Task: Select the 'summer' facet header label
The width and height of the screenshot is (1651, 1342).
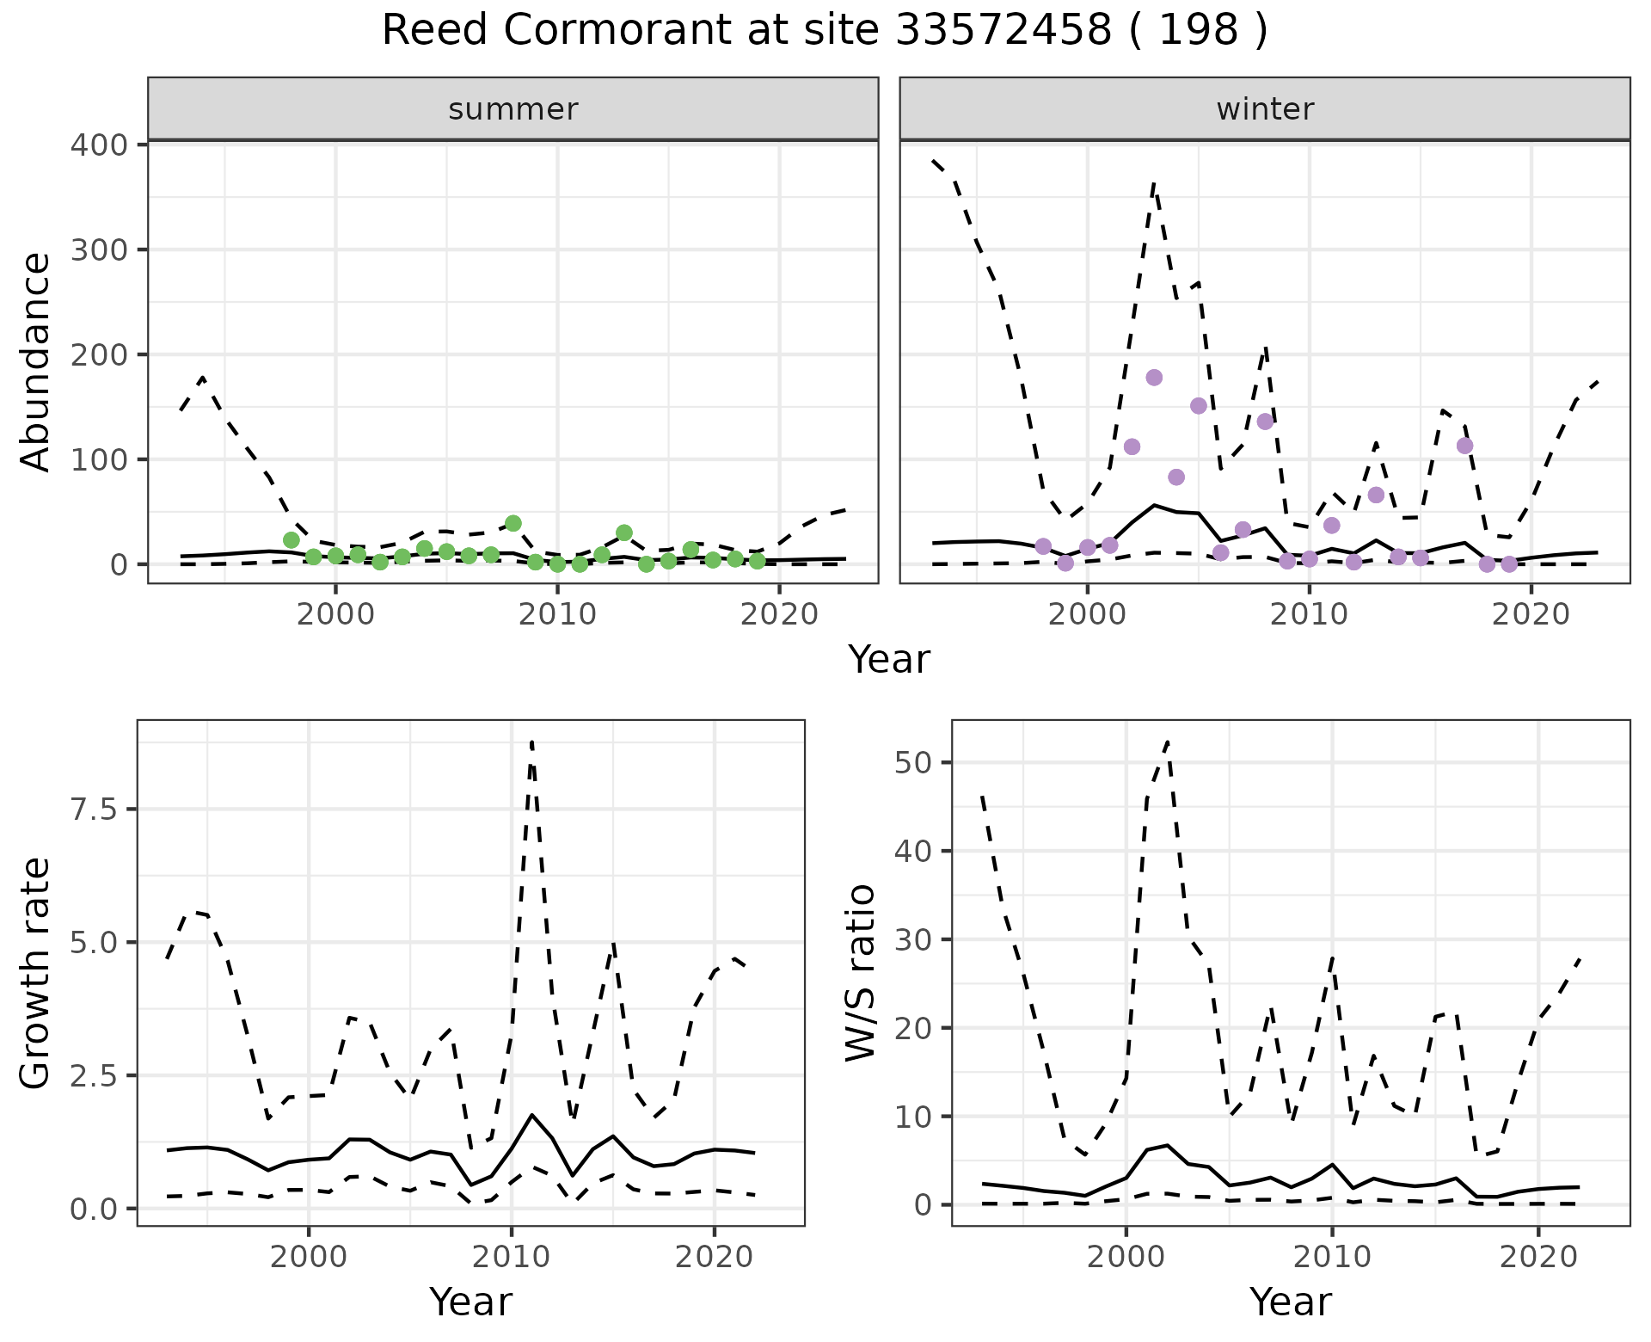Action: pyautogui.click(x=513, y=109)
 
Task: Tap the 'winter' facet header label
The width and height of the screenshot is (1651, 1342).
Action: pyautogui.click(x=1265, y=109)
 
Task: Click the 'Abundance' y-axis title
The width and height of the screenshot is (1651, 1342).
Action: pyautogui.click(x=36, y=361)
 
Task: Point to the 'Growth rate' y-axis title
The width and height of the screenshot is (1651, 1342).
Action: pyautogui.click(x=36, y=973)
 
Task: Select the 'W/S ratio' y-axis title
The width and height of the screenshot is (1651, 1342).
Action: pyautogui.click(x=860, y=973)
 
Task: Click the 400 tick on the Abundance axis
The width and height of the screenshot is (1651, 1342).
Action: pyautogui.click(x=98, y=145)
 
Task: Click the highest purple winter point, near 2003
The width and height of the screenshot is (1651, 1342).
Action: pyautogui.click(x=1154, y=378)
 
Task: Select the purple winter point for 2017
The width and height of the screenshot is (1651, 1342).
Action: pyautogui.click(x=1464, y=446)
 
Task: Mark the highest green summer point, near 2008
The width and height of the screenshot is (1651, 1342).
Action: pyautogui.click(x=513, y=523)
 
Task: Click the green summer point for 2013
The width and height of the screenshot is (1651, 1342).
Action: pyautogui.click(x=624, y=532)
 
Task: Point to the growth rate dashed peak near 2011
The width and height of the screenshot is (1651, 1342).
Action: pyautogui.click(x=532, y=742)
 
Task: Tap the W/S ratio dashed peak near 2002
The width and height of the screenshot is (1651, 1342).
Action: pyautogui.click(x=1167, y=742)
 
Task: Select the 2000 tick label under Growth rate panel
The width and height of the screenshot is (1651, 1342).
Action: pyautogui.click(x=309, y=1257)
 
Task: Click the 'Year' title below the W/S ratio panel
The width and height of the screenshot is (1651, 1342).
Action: pyautogui.click(x=1290, y=1302)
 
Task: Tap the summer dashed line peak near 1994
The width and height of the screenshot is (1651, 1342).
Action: pyautogui.click(x=203, y=378)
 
